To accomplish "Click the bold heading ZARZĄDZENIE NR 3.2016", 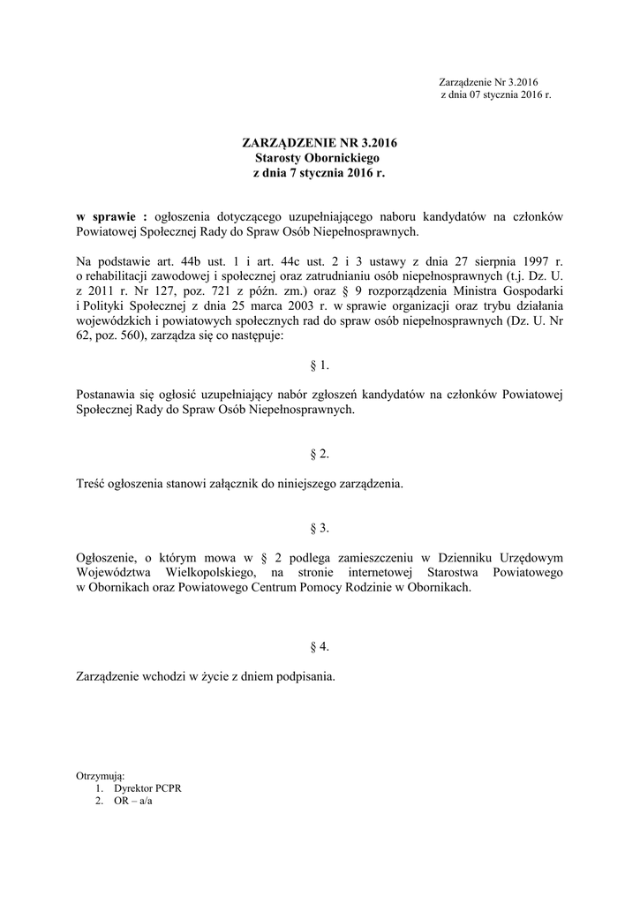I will point(320,141).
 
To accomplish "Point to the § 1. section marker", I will point(320,365).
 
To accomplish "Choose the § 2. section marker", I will point(320,454).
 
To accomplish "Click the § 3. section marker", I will point(320,528).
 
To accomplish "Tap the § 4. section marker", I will point(320,647).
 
